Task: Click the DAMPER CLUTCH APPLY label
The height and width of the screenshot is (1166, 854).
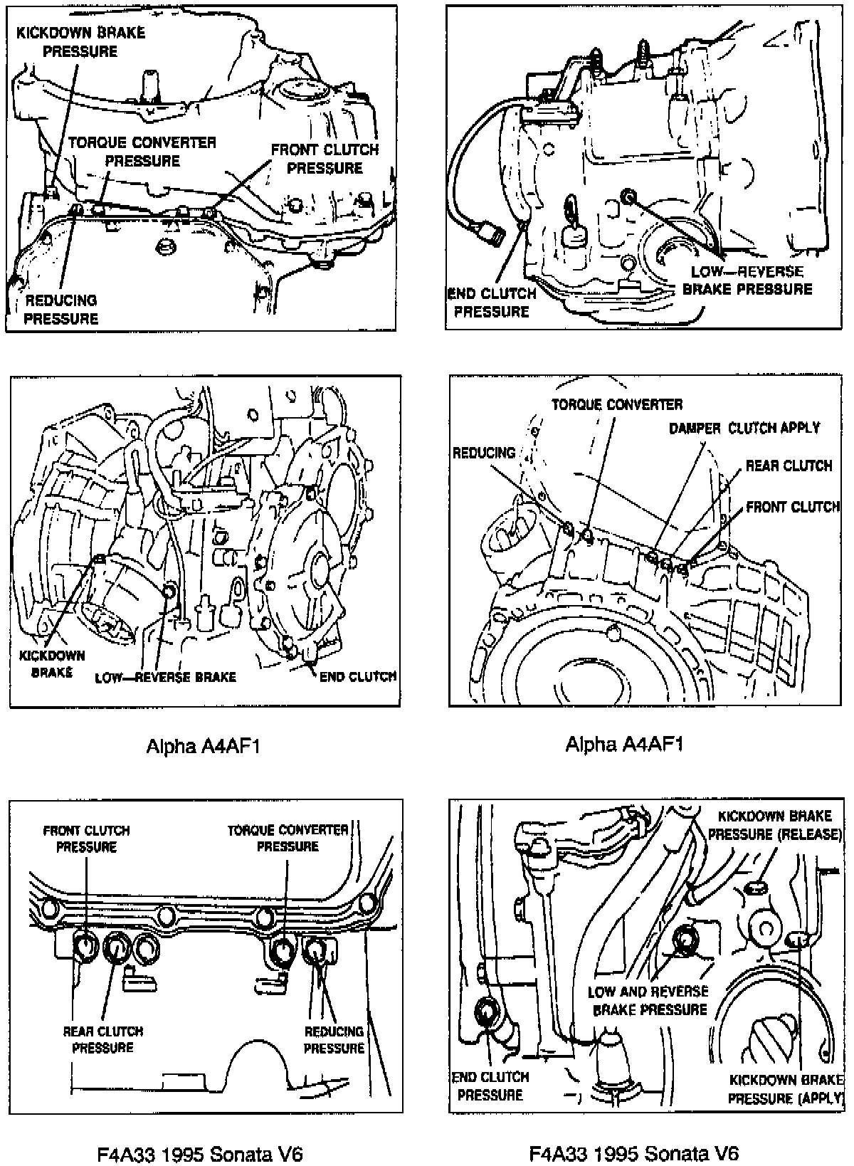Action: point(744,428)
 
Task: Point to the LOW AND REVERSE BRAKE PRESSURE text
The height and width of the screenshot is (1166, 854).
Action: point(648,1000)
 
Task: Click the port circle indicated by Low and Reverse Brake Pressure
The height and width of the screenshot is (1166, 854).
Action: point(687,939)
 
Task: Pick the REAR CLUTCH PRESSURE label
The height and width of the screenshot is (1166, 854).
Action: point(103,1039)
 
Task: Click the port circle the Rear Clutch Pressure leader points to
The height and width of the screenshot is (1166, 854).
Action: point(115,946)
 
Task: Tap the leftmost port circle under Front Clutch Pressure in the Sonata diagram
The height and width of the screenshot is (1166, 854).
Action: point(85,946)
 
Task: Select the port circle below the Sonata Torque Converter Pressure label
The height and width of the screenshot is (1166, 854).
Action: point(284,950)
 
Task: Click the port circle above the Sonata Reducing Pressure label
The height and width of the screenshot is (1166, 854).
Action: point(315,948)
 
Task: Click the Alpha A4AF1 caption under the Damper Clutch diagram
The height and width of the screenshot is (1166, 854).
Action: point(624,745)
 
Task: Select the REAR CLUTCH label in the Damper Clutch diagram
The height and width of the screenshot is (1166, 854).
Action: point(789,466)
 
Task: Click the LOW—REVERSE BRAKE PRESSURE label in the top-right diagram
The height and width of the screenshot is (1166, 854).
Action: point(747,280)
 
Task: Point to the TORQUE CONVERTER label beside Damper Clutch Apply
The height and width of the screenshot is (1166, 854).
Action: point(617,404)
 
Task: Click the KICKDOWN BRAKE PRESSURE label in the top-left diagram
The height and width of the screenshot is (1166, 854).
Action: point(80,42)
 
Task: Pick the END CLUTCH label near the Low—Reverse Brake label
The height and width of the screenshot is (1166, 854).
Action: point(357,676)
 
